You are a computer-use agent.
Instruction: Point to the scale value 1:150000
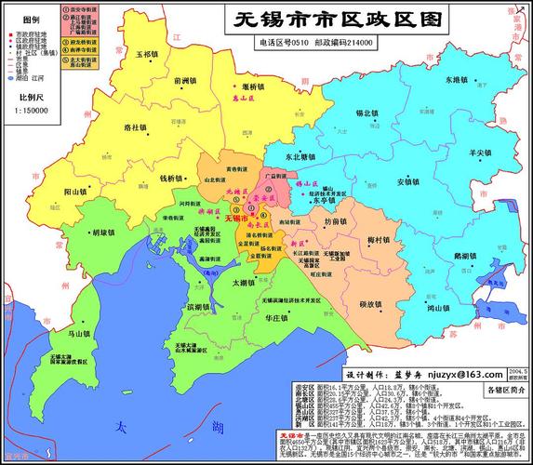[32, 110]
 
